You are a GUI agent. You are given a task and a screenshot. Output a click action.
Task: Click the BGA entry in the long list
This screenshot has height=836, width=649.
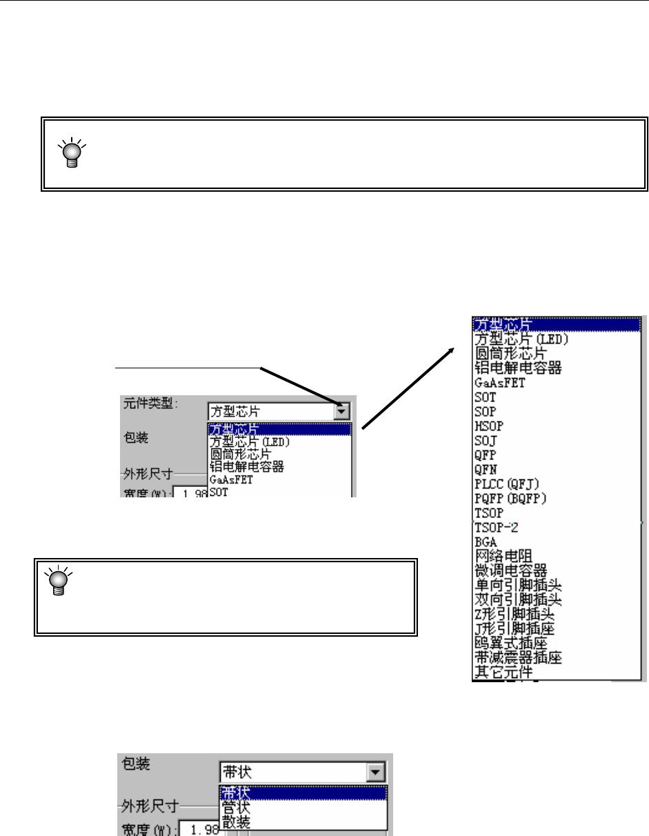tap(486, 542)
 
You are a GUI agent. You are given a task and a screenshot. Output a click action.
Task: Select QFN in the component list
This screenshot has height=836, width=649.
tap(486, 470)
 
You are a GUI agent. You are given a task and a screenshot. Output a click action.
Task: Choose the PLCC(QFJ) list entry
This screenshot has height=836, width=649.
tap(503, 484)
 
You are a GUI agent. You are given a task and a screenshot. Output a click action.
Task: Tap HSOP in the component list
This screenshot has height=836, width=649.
tap(486, 426)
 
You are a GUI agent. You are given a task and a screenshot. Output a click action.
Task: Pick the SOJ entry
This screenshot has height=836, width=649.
tap(485, 441)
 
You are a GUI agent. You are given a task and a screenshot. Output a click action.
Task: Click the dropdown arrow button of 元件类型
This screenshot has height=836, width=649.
tap(341, 412)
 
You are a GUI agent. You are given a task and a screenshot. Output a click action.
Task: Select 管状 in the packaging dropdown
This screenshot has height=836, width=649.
tap(236, 807)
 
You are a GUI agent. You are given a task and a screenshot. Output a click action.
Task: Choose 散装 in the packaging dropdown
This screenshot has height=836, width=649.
tap(236, 821)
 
